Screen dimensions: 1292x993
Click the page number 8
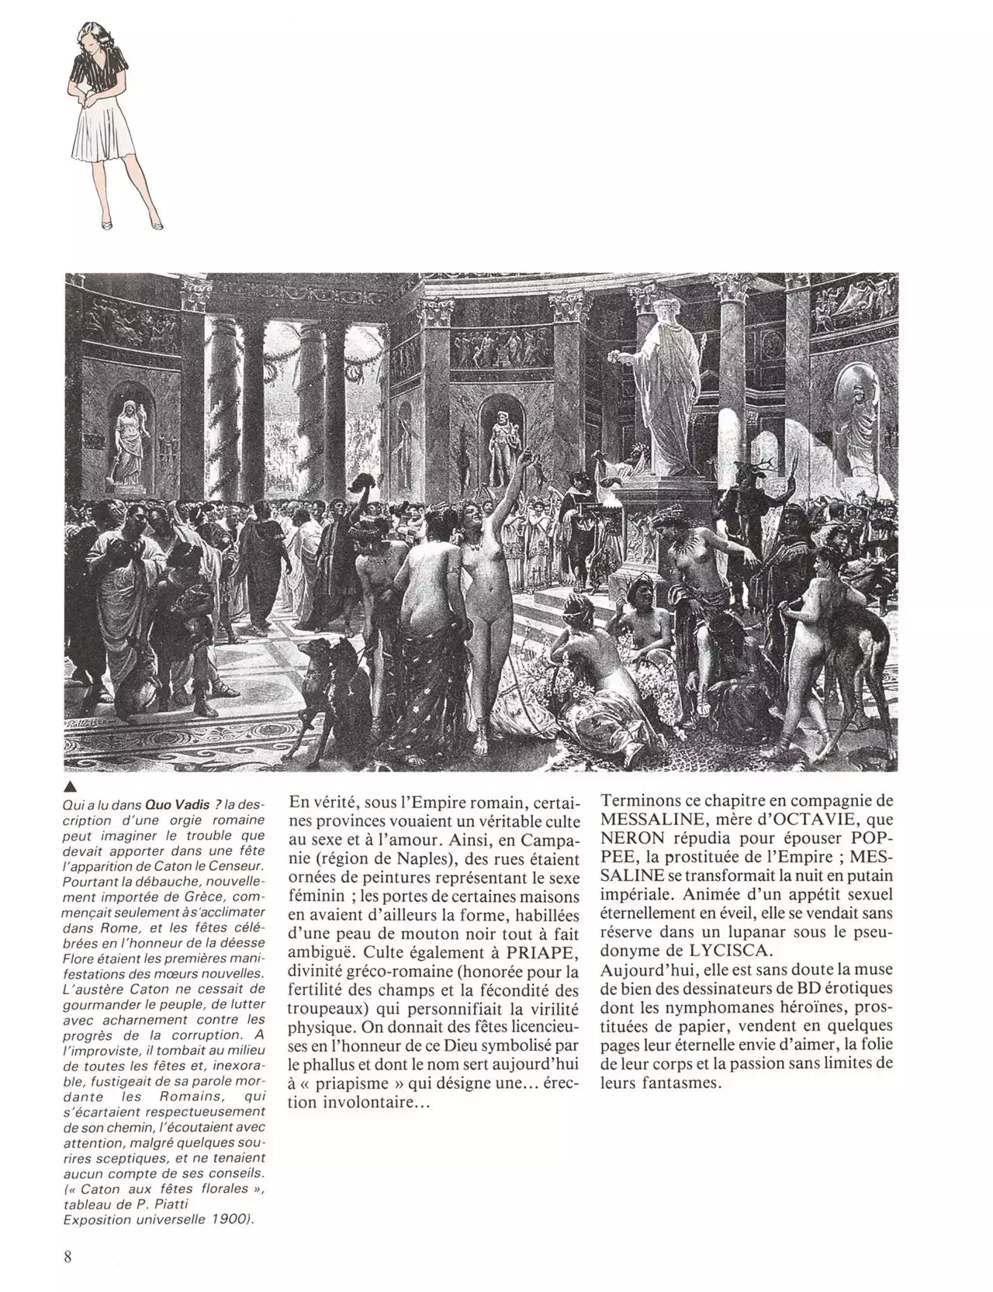click(x=67, y=1256)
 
